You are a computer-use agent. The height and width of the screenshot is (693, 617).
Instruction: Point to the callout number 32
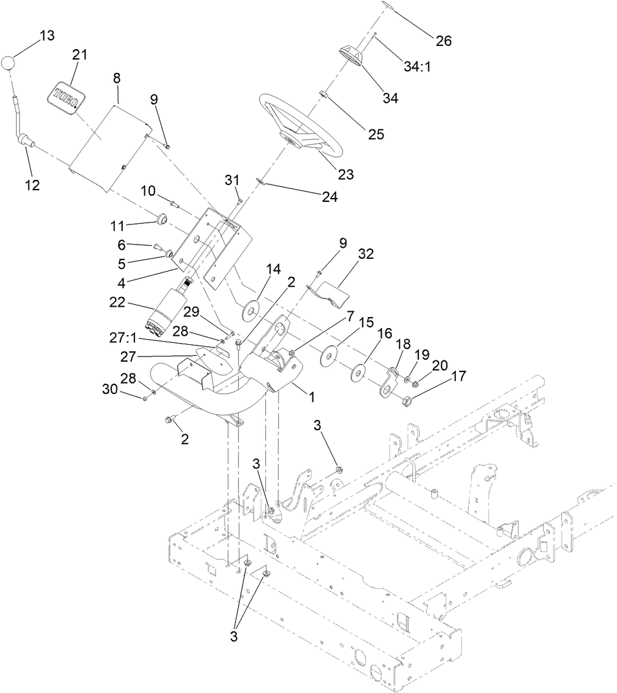366,254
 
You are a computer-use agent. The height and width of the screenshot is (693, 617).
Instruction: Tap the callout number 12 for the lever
32,185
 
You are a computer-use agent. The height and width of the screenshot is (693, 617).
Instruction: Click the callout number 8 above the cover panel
116,78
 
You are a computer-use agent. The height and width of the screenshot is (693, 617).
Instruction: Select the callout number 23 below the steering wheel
347,174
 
